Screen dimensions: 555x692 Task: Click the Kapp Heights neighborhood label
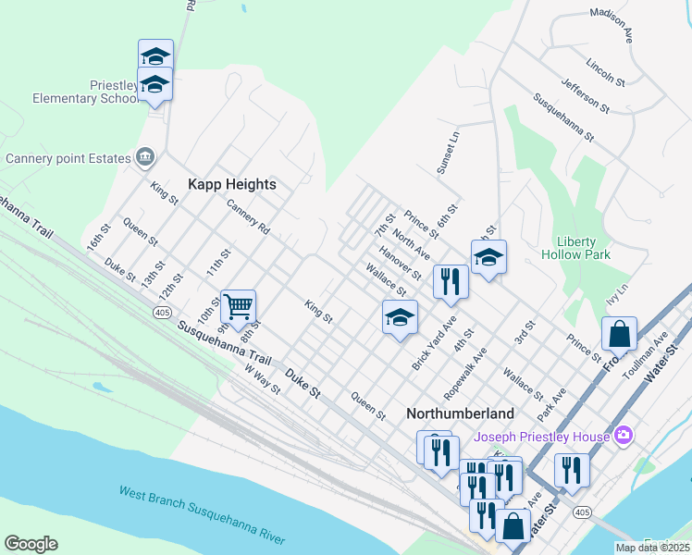point(232,184)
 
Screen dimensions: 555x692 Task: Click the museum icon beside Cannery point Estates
point(145,158)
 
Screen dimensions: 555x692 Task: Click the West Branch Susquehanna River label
point(202,515)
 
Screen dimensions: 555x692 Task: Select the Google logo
point(31,544)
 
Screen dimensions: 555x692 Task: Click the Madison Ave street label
point(617,27)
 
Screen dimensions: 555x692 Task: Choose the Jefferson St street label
point(584,93)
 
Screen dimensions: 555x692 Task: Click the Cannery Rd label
point(247,217)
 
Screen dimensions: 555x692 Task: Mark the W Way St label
point(262,379)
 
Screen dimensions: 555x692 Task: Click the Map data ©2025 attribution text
point(652,548)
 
